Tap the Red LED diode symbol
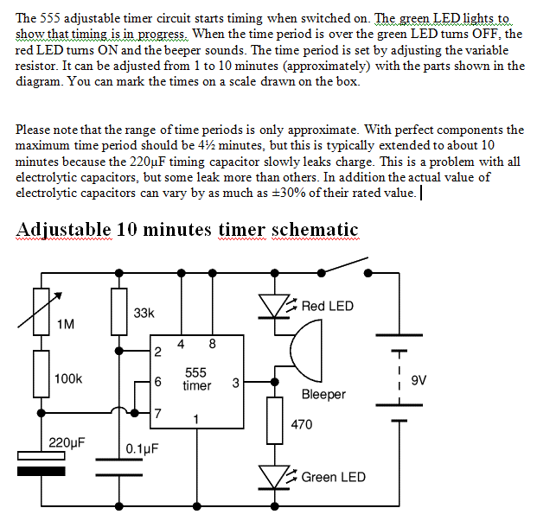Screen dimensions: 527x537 (x=274, y=306)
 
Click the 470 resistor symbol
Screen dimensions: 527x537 (x=274, y=421)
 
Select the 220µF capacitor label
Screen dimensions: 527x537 (x=67, y=442)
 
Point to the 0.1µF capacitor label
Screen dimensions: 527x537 (x=141, y=449)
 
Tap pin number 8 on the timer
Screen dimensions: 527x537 (x=212, y=344)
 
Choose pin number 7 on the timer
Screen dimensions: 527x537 (x=157, y=412)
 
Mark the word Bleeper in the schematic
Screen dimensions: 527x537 (x=323, y=395)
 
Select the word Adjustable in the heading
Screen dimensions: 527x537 (x=63, y=230)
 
